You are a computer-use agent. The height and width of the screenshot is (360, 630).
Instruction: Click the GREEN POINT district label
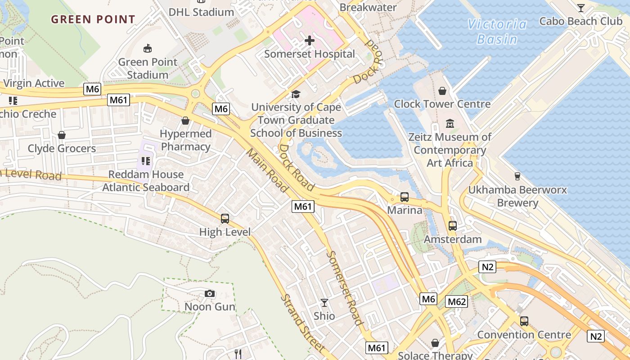(93, 19)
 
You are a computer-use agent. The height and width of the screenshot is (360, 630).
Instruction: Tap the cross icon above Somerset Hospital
(310, 41)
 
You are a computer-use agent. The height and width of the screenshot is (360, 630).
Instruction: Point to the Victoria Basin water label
(497, 31)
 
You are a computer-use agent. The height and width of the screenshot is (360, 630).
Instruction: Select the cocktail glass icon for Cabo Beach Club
(581, 8)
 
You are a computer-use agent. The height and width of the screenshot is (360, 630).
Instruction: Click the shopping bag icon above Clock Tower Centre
(442, 91)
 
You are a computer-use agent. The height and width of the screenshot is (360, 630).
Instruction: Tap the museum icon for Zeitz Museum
(450, 123)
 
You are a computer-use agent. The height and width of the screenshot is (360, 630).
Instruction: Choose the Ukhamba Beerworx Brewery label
(517, 196)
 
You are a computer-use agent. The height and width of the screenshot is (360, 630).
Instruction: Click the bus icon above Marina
(405, 197)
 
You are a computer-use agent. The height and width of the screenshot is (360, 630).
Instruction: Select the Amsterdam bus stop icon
(453, 226)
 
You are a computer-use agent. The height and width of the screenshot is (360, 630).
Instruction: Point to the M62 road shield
(456, 301)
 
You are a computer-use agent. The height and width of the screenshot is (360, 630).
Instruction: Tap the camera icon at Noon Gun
(210, 294)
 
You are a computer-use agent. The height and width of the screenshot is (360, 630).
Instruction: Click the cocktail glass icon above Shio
(324, 303)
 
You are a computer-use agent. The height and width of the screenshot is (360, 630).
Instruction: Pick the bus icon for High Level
(225, 219)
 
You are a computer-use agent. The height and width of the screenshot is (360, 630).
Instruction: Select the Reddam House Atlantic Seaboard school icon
(145, 161)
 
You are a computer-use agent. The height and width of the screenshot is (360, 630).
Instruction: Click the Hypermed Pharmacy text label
(186, 140)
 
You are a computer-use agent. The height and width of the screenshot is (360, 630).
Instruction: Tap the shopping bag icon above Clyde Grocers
(62, 135)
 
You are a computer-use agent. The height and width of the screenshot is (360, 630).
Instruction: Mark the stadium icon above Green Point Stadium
(147, 49)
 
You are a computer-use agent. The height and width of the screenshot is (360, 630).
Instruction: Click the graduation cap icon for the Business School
(296, 94)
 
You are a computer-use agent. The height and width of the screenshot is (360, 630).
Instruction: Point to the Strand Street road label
(302, 323)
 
